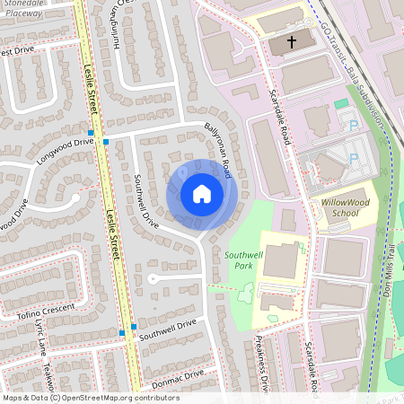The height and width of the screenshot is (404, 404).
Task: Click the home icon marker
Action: pos(202,194)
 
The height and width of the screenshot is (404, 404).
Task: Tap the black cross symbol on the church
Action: pos(291,41)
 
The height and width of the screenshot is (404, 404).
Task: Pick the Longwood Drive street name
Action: pos(65,147)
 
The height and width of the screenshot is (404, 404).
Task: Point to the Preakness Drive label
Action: pos(260,359)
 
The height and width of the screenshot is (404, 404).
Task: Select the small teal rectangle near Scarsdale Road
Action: pos(340,104)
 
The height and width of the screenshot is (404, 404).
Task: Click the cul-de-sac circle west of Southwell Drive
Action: pos(154,279)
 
